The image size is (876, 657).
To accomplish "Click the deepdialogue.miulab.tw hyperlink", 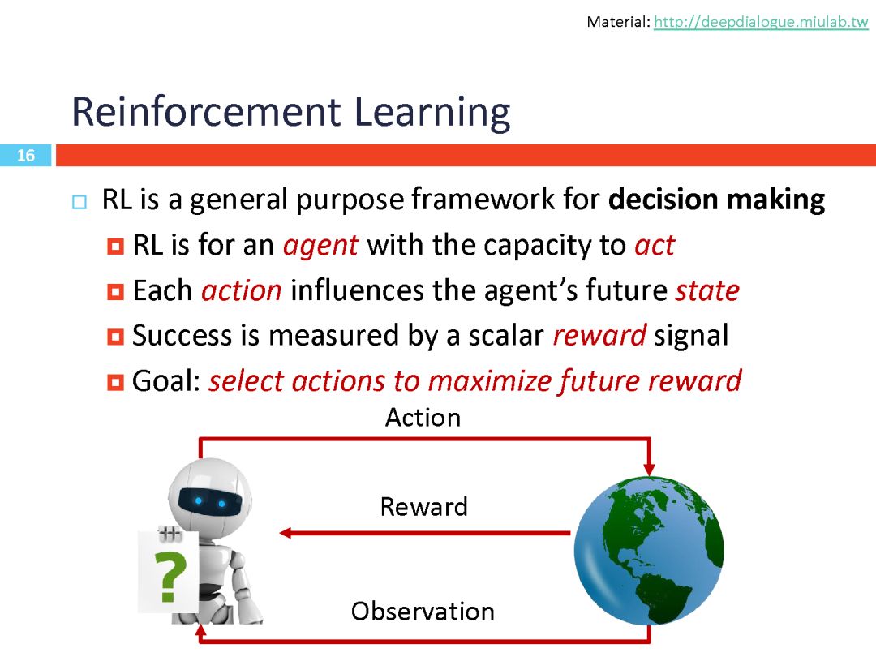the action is [761, 22].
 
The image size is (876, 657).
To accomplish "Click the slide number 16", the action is [26, 155].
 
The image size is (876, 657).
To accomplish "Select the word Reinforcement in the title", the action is [206, 112].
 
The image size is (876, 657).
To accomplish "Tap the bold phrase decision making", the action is [716, 200].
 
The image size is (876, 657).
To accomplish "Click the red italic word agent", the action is [320, 246].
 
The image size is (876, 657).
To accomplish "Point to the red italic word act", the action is [655, 245].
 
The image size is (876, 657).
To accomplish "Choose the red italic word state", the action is [707, 290].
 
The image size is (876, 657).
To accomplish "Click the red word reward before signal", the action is [599, 336].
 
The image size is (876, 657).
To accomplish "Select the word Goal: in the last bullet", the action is [166, 381].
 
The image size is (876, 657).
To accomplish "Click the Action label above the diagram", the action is [423, 418].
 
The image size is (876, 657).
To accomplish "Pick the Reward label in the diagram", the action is [423, 507].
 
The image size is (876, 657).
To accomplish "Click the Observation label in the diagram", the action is [423, 612].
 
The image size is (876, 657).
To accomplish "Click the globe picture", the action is [649, 551].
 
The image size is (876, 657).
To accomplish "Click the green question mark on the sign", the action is [171, 577].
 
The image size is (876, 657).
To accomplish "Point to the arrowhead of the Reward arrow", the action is [286, 533].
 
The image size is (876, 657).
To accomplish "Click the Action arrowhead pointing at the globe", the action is [649, 468].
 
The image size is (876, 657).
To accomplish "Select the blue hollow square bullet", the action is [79, 202].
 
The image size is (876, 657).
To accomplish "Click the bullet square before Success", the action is [115, 337].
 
